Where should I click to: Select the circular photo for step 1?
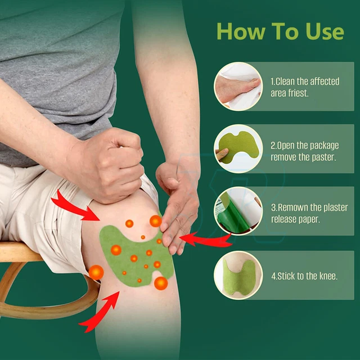[238, 86]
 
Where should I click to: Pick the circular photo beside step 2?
[238, 148]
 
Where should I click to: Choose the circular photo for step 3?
[238, 211]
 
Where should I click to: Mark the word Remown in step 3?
[296, 207]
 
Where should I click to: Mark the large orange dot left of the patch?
[96, 272]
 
